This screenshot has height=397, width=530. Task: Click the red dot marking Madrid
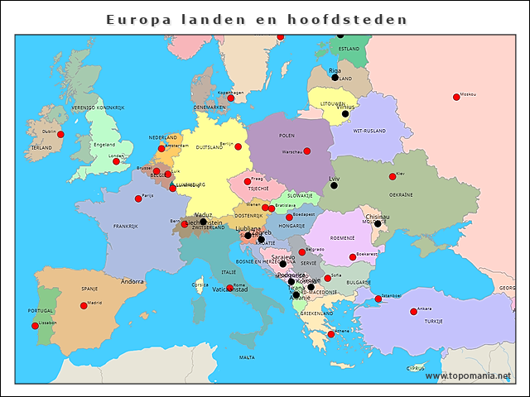(84, 305)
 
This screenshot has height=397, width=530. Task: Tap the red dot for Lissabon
(35, 326)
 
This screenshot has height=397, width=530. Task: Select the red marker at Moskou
(456, 98)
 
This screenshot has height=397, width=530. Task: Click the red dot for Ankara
(413, 312)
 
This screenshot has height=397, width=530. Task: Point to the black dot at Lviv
(334, 186)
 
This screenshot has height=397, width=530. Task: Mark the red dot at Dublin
(60, 134)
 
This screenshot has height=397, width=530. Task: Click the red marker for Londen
(116, 161)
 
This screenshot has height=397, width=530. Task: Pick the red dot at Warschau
(306, 151)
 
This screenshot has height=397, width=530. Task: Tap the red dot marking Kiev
(393, 177)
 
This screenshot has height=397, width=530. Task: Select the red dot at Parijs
(137, 198)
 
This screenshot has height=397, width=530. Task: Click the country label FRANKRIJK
(125, 226)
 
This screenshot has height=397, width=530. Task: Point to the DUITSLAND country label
(210, 147)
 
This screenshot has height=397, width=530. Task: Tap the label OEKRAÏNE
(401, 195)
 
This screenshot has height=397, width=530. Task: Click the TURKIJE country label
(434, 320)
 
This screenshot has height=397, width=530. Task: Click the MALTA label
(247, 357)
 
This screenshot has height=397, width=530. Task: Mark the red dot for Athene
(331, 334)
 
